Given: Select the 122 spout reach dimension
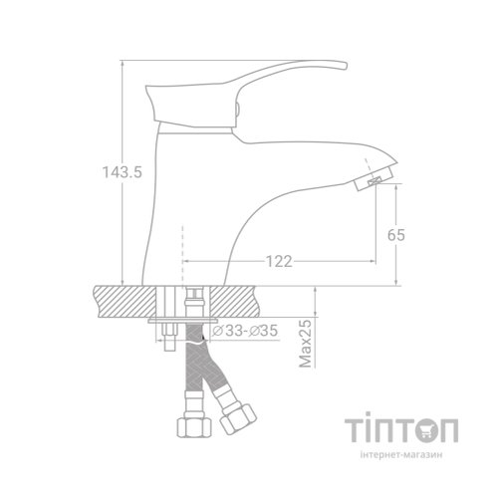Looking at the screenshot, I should [x=279, y=262].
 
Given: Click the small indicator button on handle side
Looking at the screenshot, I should [x=240, y=111].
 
